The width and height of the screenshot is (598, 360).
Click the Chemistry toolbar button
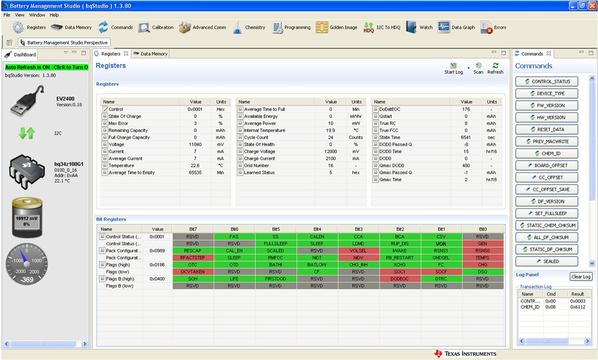pyautogui.click(x=249, y=28)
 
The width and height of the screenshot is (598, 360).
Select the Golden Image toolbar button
pyautogui.click(x=336, y=28)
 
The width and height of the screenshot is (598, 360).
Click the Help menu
pyautogui.click(x=54, y=15)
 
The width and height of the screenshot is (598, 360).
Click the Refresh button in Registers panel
pyautogui.click(x=495, y=68)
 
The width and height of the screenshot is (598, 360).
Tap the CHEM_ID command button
pyautogui.click(x=547, y=154)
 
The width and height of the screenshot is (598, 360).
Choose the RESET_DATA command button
pyautogui.click(x=547, y=130)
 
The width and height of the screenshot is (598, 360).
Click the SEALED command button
pyautogui.click(x=547, y=261)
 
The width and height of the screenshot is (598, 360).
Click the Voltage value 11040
pyautogui.click(x=195, y=144)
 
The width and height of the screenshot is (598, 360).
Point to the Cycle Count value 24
pyautogui.click(x=331, y=137)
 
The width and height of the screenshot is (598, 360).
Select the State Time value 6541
pyautogui.click(x=466, y=137)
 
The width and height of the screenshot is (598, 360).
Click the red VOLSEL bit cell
pyautogui.click(x=358, y=251)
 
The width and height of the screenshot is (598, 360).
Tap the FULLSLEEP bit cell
pyautogui.click(x=275, y=244)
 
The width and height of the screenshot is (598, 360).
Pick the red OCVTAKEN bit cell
pyautogui.click(x=193, y=272)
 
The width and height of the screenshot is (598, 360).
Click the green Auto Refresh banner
pyautogui.click(x=47, y=67)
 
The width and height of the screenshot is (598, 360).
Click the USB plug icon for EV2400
pyautogui.click(x=28, y=101)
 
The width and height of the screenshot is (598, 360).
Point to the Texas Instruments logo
pyautogui.click(x=465, y=354)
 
